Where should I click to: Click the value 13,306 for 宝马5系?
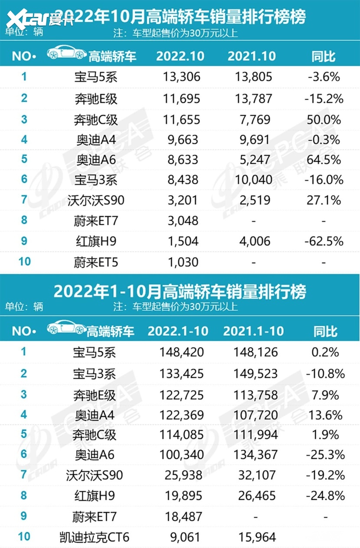point(182,77)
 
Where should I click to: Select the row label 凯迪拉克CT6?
point(94,537)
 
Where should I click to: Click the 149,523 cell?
point(253,374)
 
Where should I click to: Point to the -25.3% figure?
point(325,455)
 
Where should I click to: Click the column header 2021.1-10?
point(253,331)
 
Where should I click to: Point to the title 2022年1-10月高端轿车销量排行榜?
point(180,291)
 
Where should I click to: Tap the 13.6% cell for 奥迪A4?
point(325,415)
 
